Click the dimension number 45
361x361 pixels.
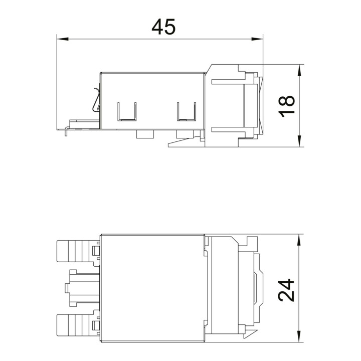click(163, 27)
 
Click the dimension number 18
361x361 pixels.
click(286, 106)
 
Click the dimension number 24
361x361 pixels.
click(286, 290)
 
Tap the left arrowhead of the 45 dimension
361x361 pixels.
click(63, 39)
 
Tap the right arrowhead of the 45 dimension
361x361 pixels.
click(257, 39)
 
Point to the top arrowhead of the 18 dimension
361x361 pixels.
click(299, 70)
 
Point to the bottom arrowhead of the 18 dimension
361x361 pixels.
click(299, 141)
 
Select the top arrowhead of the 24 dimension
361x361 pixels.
click(299, 240)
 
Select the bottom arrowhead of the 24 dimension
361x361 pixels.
click(299, 336)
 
